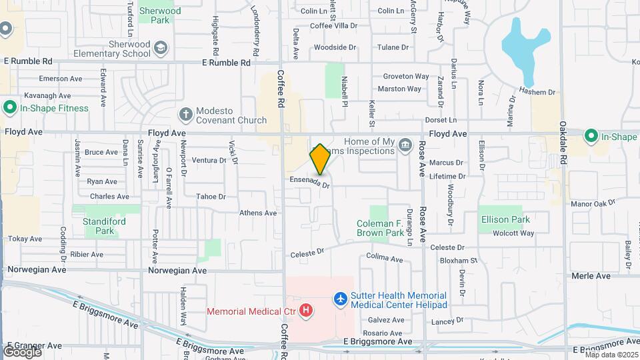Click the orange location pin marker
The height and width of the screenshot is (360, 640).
[320, 159]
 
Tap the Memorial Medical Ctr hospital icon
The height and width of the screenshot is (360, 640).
[306, 310]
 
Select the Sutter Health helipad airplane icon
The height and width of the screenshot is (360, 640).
[341, 299]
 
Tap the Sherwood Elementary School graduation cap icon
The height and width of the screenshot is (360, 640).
[161, 48]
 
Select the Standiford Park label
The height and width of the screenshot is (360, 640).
[99, 226]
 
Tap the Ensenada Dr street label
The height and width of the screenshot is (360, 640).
[310, 181]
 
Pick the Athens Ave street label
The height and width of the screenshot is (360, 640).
[258, 213]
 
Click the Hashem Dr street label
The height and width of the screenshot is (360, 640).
[537, 92]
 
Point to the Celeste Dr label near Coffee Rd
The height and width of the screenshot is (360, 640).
[307, 254]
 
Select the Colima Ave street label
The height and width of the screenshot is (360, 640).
[385, 258]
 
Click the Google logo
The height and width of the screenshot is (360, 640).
[21, 351]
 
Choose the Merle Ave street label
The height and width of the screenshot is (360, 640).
[591, 276]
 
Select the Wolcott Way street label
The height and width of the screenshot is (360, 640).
[513, 233]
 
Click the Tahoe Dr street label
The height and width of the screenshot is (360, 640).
[211, 197]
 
